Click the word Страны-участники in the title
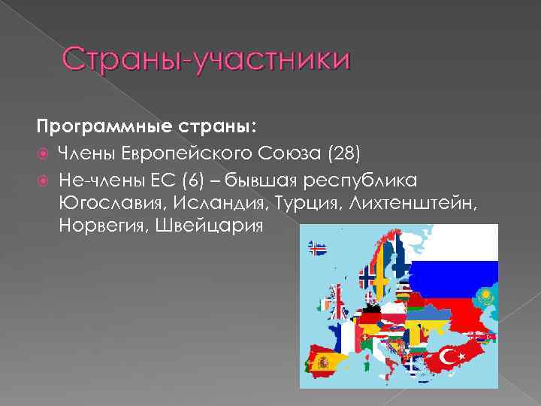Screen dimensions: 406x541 [205, 59]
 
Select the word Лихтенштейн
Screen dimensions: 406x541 [416, 203]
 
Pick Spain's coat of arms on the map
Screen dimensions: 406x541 [324, 362]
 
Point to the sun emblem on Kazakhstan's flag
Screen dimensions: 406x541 [486, 293]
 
